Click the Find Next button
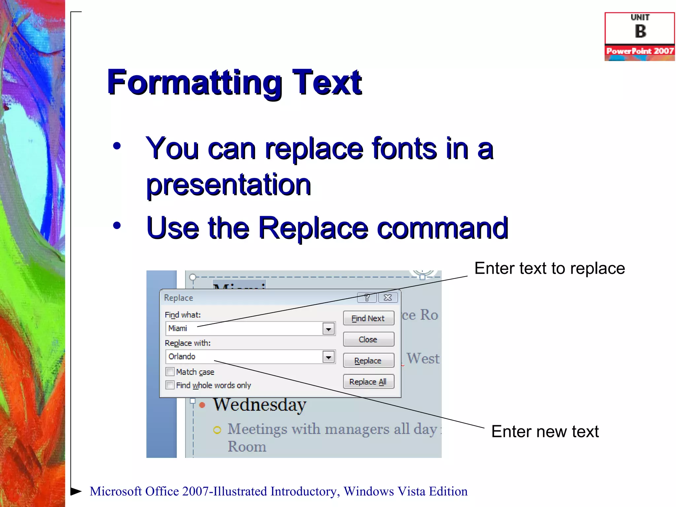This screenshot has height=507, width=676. tap(368, 318)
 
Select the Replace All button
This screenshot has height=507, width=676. tap(368, 382)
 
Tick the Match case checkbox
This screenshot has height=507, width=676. tap(170, 372)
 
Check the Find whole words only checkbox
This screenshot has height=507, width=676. tap(170, 385)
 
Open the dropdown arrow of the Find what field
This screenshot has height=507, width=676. tap(328, 329)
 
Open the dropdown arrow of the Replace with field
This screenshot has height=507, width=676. tap(328, 357)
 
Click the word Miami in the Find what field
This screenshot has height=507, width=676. tap(178, 328)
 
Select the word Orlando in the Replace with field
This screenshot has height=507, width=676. tap(182, 356)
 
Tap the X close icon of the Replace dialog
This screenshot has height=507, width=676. tap(388, 298)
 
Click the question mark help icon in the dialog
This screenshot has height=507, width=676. tap(367, 298)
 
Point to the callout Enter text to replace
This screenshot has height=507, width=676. tap(550, 268)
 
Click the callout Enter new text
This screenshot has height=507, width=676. tap(545, 431)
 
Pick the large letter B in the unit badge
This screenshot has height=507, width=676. tap(640, 32)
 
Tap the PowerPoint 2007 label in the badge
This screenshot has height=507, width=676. tap(640, 51)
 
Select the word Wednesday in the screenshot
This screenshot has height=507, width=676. tap(260, 405)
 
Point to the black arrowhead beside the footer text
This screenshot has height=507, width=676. tap(76, 491)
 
